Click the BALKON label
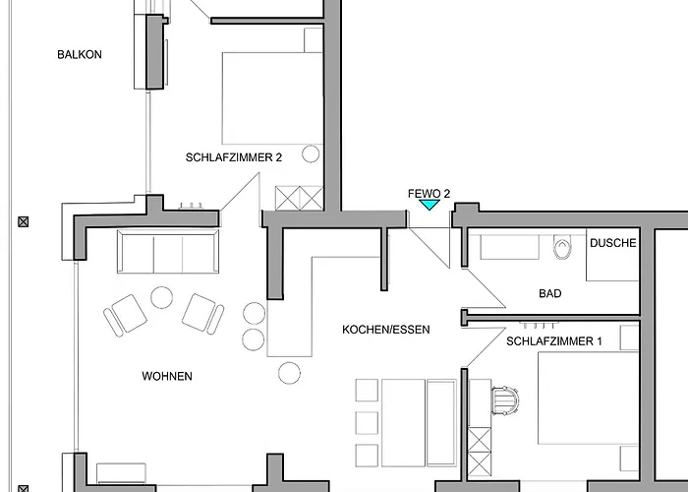click(x=80, y=54)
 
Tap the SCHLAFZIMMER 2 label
click(x=234, y=157)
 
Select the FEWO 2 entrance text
click(x=429, y=194)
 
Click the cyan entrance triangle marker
click(x=430, y=205)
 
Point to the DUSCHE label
click(x=613, y=243)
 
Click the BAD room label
click(x=550, y=293)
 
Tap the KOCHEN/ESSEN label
click(x=386, y=330)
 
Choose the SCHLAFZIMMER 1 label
click(x=554, y=341)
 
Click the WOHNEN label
click(x=167, y=376)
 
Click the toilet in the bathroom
click(x=563, y=247)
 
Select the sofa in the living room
click(x=168, y=251)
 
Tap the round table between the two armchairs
click(x=161, y=297)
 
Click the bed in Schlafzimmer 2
click(x=272, y=98)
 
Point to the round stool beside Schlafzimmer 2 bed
click(x=311, y=154)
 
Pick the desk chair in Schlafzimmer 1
click(x=505, y=400)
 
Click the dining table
click(x=403, y=422)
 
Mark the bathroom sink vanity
click(x=509, y=247)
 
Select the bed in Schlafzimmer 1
click(x=589, y=398)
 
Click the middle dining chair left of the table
click(x=367, y=422)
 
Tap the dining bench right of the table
click(x=441, y=422)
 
